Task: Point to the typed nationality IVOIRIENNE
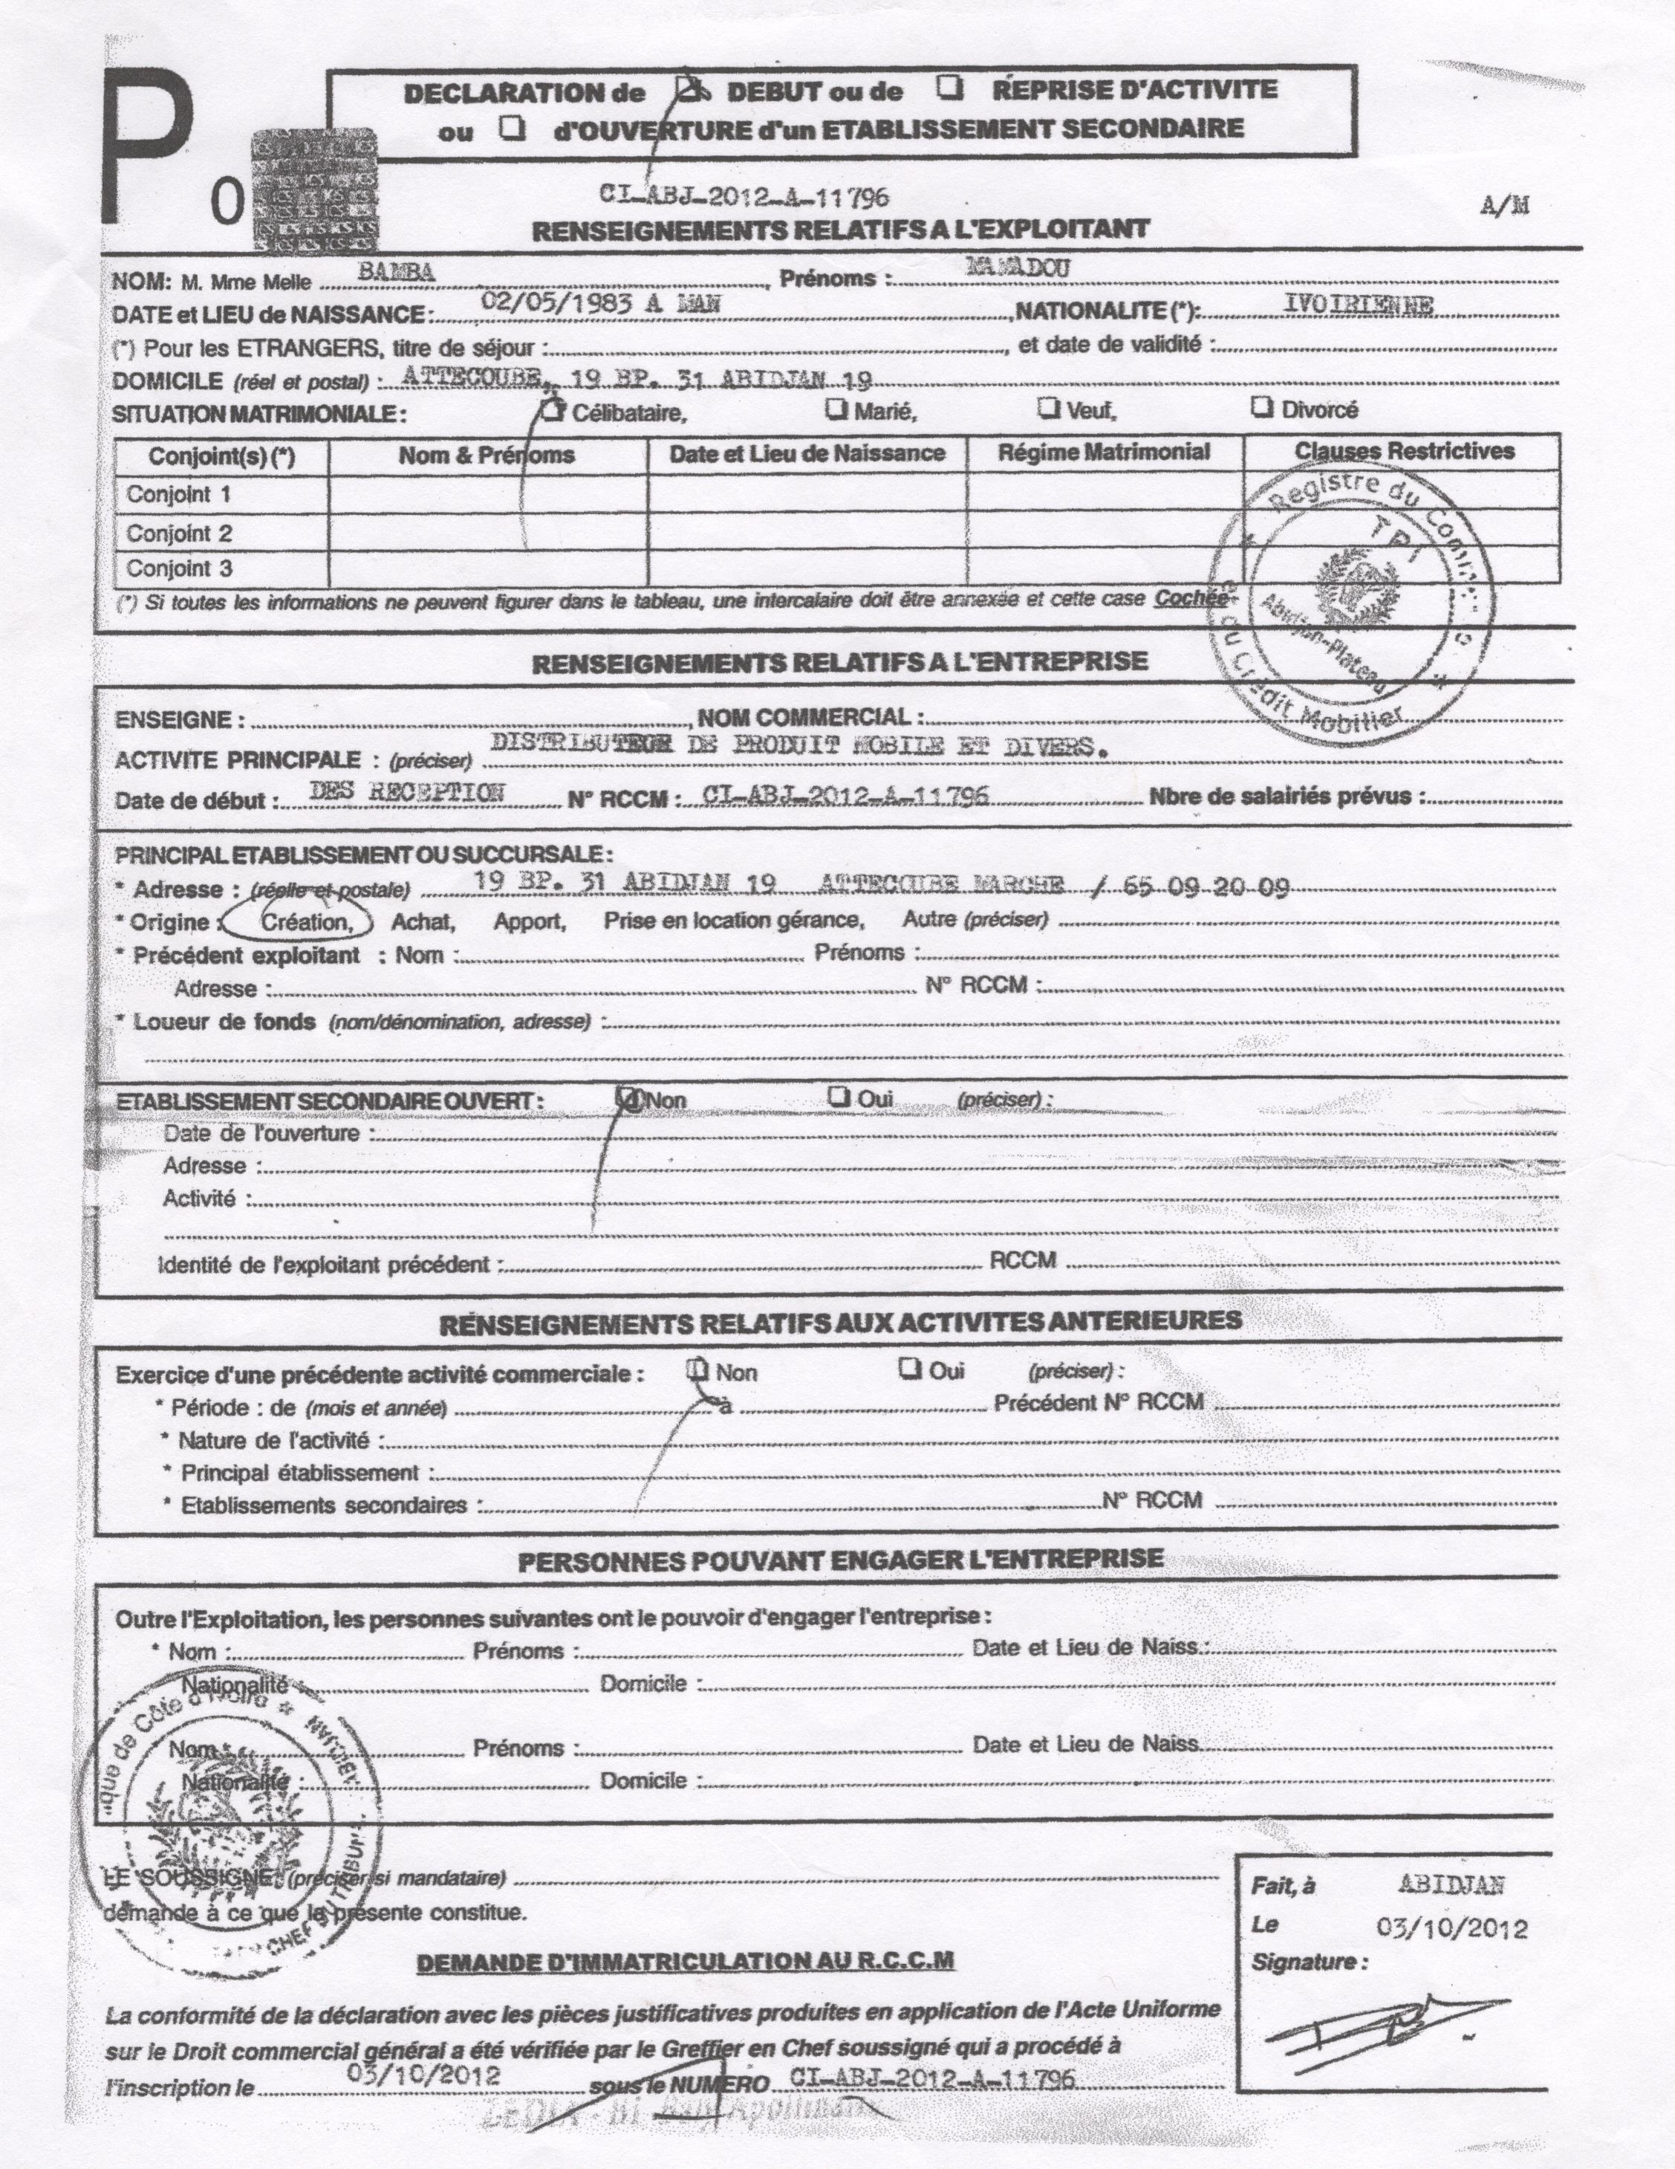point(1359,306)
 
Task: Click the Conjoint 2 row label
point(179,534)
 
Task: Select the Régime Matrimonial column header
point(1104,453)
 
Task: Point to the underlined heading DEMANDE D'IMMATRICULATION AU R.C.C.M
point(685,1962)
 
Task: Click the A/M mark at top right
point(1505,206)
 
